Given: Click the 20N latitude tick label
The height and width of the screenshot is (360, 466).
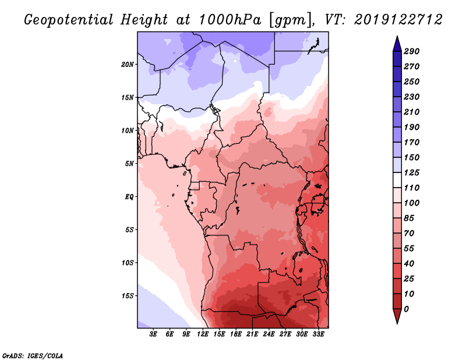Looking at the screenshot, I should [128, 64].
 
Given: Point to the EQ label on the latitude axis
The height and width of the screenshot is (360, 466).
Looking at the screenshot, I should [129, 196].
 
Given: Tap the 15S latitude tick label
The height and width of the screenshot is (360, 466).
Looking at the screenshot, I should [128, 295].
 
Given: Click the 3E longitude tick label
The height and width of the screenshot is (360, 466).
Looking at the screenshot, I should [154, 334].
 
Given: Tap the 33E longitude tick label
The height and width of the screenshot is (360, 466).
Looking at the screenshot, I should [318, 334].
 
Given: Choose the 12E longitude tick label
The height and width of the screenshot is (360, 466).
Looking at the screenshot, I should [203, 334].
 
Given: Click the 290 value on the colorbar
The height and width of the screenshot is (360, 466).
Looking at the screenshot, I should [412, 51].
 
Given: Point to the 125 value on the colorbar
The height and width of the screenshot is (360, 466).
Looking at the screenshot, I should [412, 172].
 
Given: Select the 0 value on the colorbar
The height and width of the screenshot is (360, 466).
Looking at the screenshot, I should [406, 309].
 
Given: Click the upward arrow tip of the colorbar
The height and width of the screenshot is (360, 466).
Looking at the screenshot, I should [396, 38].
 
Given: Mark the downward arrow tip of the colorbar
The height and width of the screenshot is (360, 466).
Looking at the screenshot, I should [396, 322].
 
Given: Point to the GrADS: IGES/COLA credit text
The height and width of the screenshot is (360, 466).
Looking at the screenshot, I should [32, 355].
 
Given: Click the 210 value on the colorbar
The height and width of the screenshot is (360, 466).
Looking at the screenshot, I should [412, 112].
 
